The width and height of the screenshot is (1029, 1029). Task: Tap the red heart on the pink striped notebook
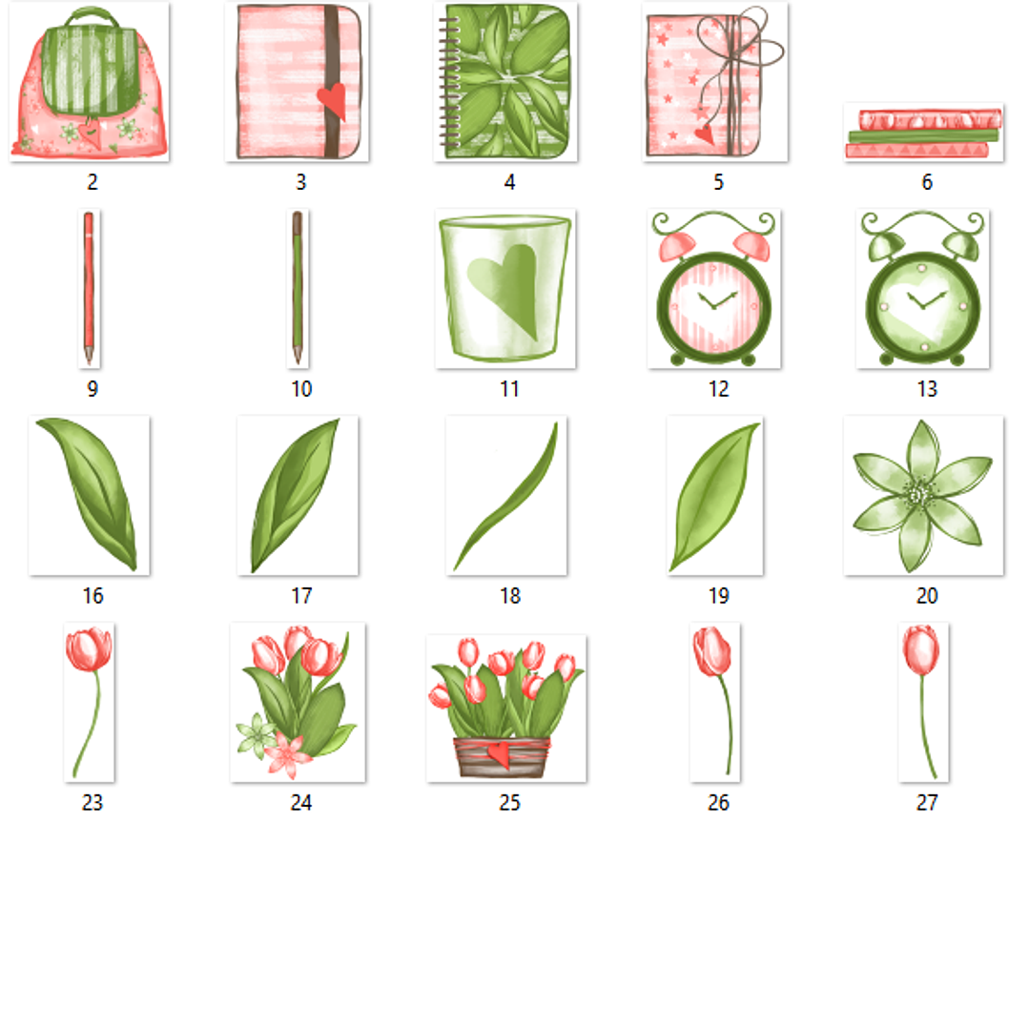tap(331, 99)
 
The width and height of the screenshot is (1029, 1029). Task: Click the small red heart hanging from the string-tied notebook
tap(704, 134)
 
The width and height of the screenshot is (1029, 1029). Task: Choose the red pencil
tap(89, 286)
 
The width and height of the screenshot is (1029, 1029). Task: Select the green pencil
tap(298, 286)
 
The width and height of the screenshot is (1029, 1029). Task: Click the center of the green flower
tap(917, 494)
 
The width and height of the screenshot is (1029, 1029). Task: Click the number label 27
tap(926, 803)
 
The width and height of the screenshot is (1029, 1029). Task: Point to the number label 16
tap(93, 596)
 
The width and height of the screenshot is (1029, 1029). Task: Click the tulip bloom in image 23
tap(89, 650)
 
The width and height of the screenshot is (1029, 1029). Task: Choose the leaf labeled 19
tap(715, 496)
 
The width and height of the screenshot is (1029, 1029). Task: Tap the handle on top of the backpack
tap(91, 15)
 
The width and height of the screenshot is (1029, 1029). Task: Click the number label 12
tap(718, 389)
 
